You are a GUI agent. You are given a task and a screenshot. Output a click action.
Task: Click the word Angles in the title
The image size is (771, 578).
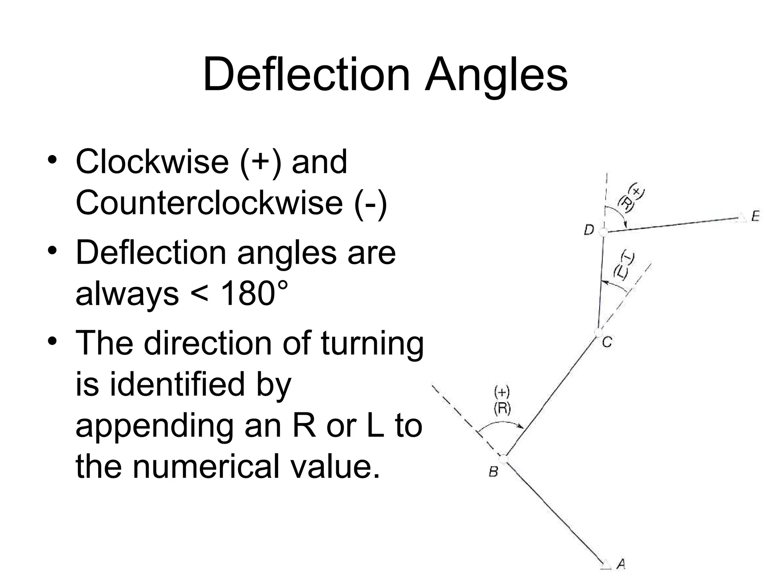coord(496,75)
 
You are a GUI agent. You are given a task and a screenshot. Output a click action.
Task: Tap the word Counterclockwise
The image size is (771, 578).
coord(209,203)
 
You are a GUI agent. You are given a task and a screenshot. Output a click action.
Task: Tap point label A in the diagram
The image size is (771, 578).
coord(621,564)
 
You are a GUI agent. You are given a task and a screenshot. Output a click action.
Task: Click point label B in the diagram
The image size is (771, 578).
coord(493,471)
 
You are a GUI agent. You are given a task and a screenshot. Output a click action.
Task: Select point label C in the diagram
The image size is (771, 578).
coord(607,342)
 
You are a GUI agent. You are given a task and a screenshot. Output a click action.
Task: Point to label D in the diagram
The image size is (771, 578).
coord(589,229)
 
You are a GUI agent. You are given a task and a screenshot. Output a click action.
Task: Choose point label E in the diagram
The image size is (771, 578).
coord(755,216)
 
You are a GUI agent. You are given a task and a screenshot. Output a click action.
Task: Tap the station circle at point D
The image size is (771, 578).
coord(603,232)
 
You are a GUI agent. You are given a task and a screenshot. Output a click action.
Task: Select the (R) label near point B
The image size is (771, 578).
coord(502,408)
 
